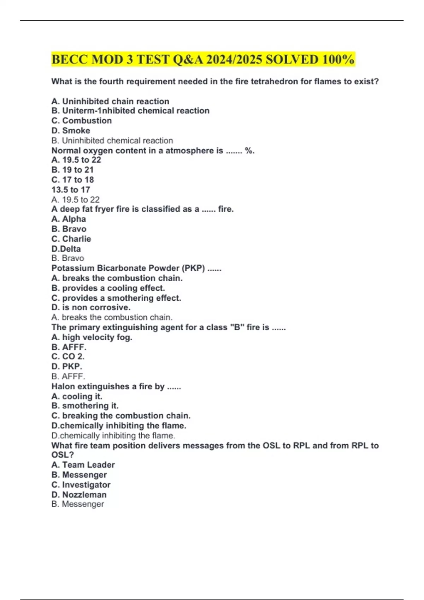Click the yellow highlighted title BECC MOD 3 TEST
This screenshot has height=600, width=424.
click(x=203, y=59)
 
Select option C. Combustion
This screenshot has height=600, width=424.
click(x=82, y=121)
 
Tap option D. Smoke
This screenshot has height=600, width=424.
click(x=71, y=131)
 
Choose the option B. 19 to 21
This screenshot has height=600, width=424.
click(x=72, y=170)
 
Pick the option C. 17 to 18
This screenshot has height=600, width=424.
click(x=72, y=180)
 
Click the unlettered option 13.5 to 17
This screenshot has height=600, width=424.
click(x=71, y=190)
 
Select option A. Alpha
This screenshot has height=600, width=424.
click(x=69, y=219)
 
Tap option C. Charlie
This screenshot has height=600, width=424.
click(x=71, y=239)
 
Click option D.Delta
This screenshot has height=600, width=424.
click(x=66, y=249)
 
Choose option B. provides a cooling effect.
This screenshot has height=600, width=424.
click(x=108, y=288)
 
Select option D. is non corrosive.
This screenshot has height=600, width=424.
click(x=91, y=307)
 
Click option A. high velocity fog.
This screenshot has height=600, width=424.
click(x=92, y=337)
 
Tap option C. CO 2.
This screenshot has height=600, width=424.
click(x=68, y=356)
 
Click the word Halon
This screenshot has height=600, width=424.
click(x=63, y=386)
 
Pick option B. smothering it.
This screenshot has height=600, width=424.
click(x=85, y=406)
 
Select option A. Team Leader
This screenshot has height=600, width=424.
click(x=83, y=465)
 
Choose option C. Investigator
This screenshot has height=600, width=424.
click(x=81, y=485)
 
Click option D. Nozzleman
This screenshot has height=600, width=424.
click(x=79, y=495)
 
